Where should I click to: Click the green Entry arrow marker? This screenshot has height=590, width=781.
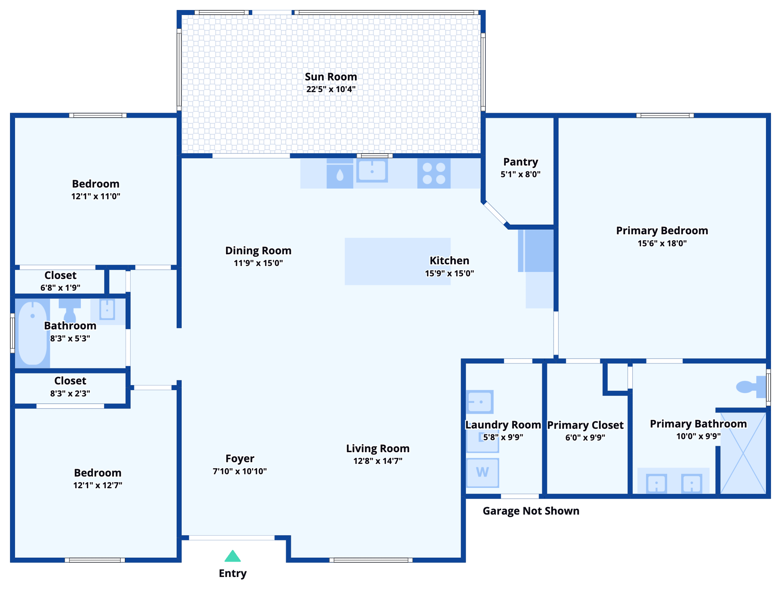coord(233,556)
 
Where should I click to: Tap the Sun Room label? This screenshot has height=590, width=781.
coord(331,77)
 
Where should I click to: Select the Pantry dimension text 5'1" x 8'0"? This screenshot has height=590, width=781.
coord(520,174)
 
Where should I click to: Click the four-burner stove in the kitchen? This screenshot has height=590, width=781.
coord(434,174)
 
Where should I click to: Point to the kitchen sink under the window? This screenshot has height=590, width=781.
coord(372,171)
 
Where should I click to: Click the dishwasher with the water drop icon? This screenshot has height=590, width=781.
coord(340,176)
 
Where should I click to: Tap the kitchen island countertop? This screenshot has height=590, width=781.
coord(384,261)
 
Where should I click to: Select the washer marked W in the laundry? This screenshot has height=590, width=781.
coord(483,472)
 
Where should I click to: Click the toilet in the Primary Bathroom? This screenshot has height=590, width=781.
coord(749,386)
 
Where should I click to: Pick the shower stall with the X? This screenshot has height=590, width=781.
coord(743,453)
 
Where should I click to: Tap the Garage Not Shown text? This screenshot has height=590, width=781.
coord(531,511)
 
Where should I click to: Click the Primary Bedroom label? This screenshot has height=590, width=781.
coord(662,230)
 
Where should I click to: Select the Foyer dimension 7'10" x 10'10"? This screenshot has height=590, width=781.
coord(240,471)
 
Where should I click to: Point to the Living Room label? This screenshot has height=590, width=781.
coord(378,448)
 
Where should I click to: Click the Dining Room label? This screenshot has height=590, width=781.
coord(258,250)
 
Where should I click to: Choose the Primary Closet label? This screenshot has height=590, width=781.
coord(585,425)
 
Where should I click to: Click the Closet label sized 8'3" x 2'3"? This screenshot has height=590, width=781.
coord(70,381)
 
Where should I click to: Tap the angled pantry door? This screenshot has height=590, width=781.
coord(495,213)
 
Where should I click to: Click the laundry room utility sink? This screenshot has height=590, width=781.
coord(480,402)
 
